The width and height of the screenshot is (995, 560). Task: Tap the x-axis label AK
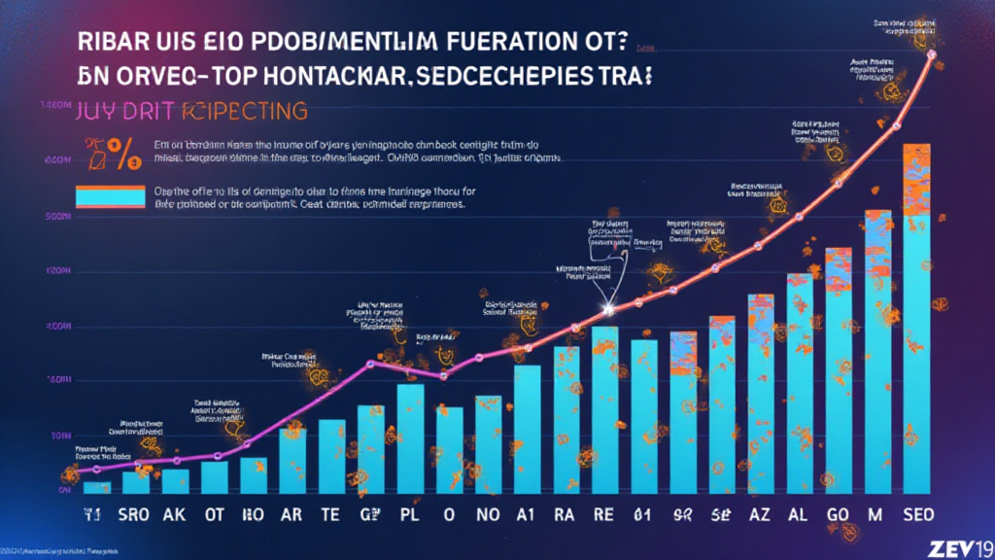[x=176, y=514]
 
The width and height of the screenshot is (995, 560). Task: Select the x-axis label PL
[x=410, y=514]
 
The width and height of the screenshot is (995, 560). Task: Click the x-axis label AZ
[x=761, y=514]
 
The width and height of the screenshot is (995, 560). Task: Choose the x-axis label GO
[x=838, y=514]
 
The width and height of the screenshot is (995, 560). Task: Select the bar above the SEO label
[x=916, y=321]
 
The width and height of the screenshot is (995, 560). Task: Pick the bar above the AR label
[x=292, y=462]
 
